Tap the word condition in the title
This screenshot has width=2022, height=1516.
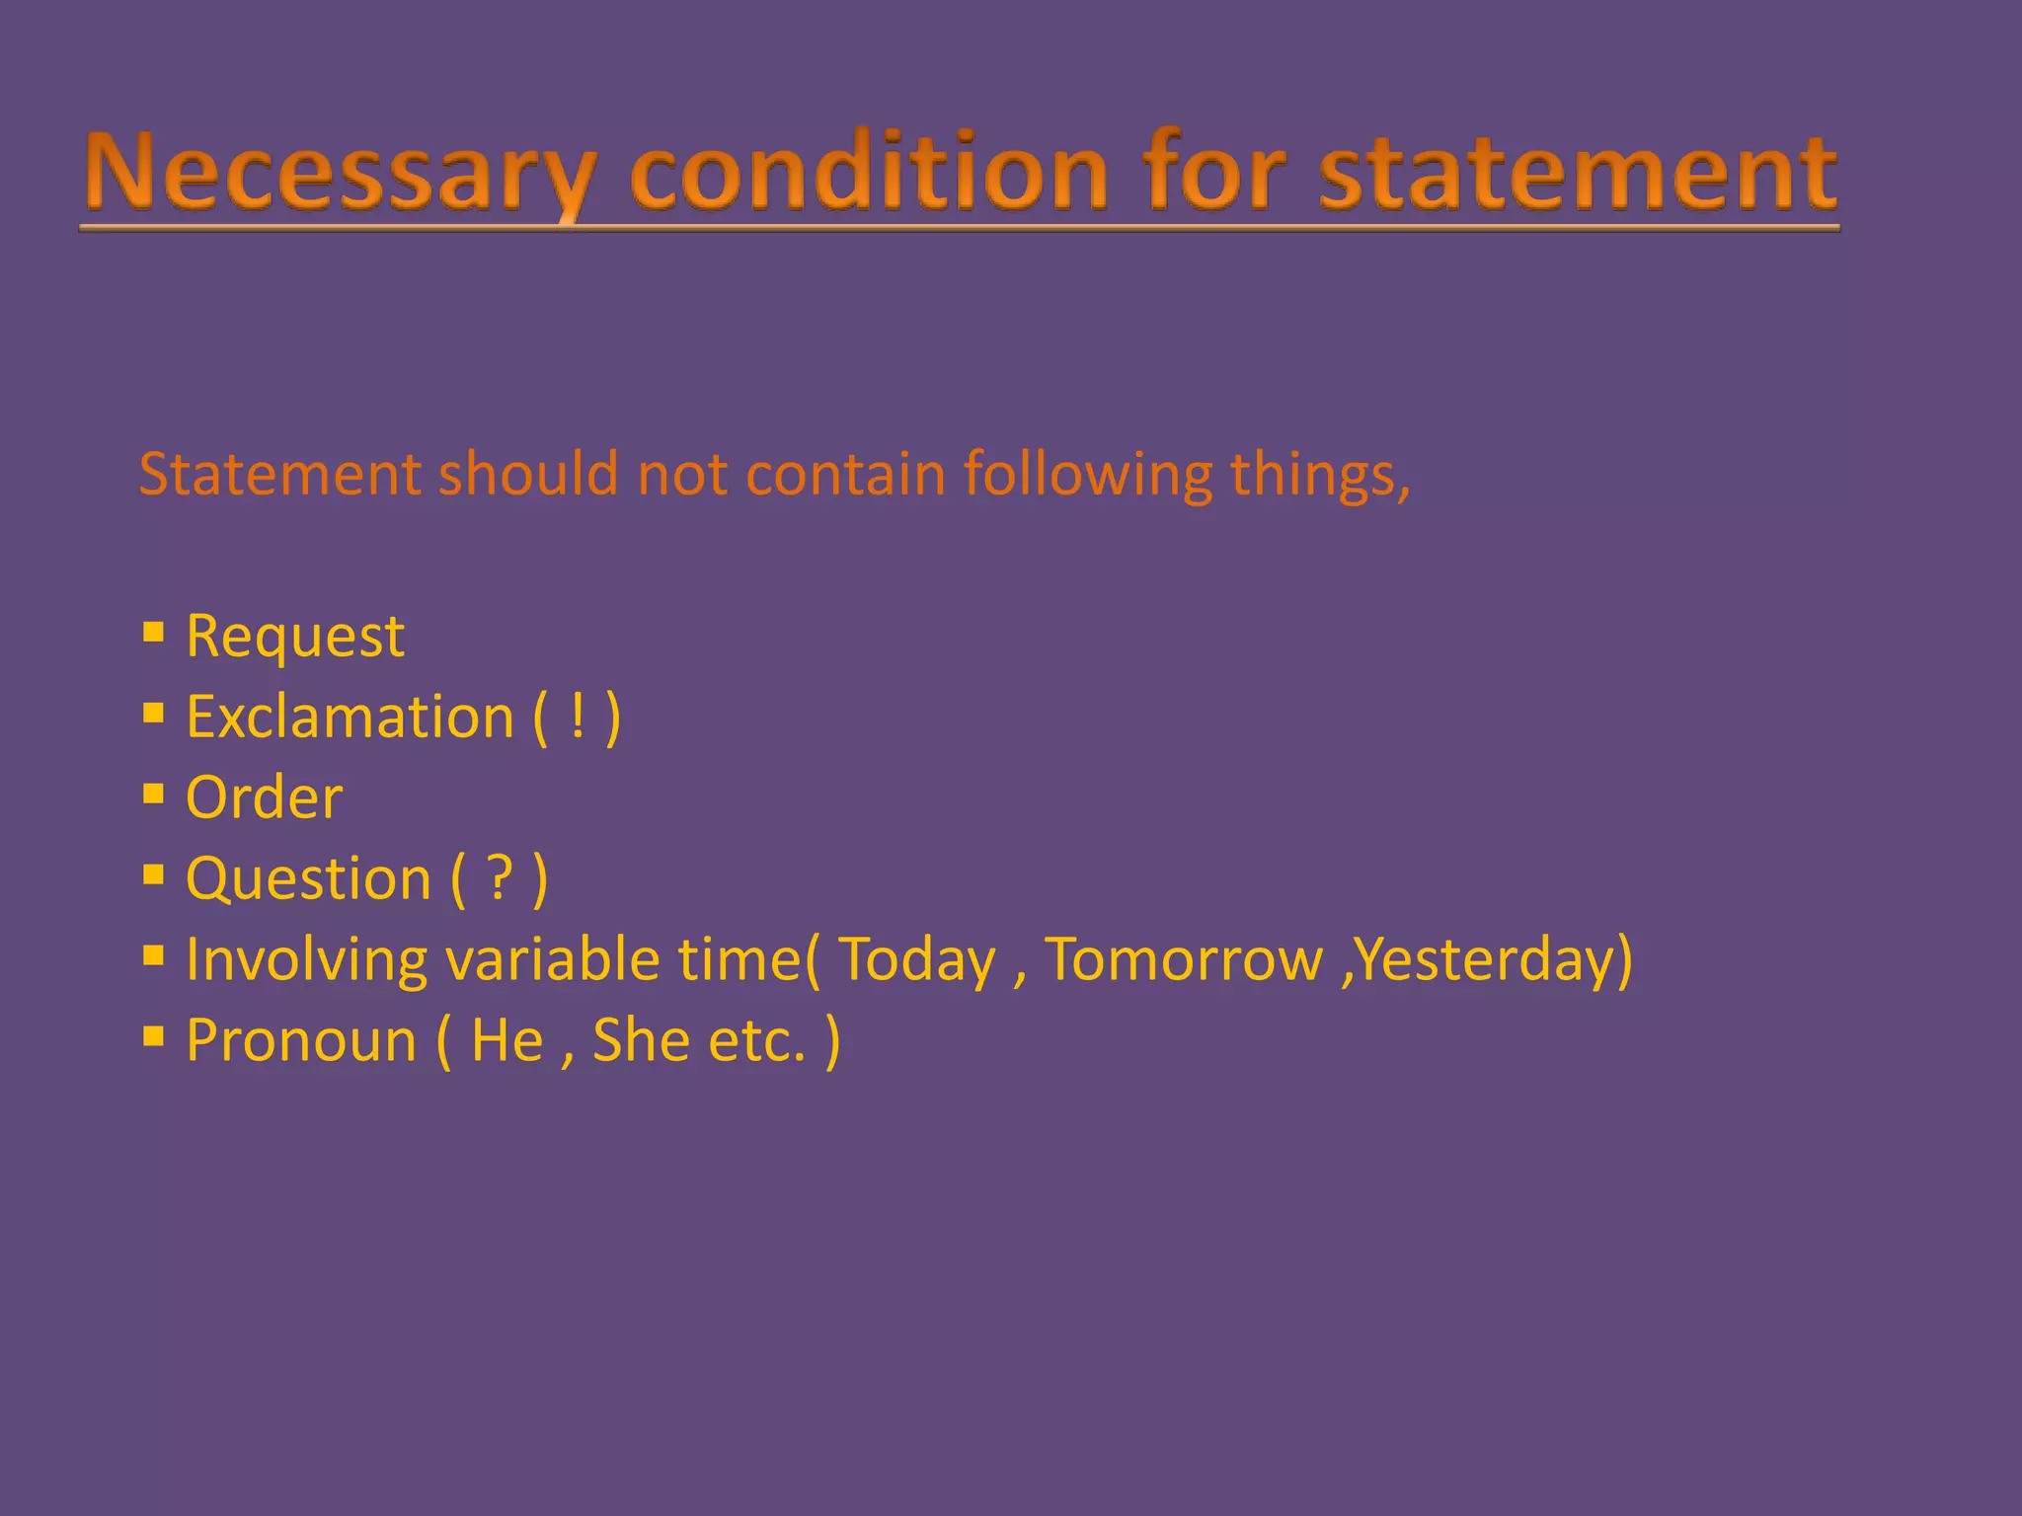869,173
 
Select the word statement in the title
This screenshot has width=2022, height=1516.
1578,173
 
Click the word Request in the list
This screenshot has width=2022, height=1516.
295,636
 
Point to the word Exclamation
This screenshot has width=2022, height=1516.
350,717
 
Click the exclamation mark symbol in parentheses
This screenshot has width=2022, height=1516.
578,717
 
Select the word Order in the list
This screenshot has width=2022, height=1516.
264,797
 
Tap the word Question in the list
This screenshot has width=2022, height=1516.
309,878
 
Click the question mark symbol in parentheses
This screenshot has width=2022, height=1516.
501,878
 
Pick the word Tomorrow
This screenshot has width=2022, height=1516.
1183,959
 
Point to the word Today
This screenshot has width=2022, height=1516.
917,959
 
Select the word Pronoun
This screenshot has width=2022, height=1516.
301,1040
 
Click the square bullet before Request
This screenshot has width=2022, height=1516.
153,632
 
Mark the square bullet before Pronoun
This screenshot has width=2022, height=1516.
153,1036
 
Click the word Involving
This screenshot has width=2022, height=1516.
306,959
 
